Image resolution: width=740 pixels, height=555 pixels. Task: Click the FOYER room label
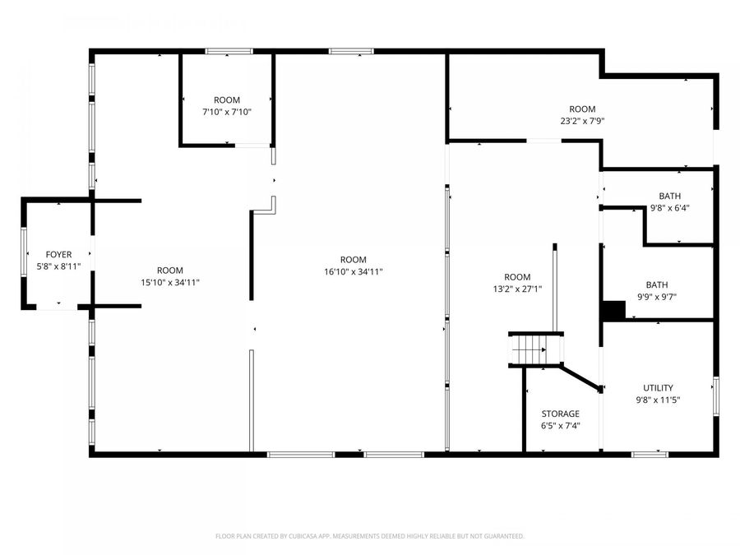[58, 255]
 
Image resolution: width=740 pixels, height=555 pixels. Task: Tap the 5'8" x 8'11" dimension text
[58, 267]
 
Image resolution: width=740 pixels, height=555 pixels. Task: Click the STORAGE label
[560, 414]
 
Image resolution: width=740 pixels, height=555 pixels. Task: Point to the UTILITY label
[658, 388]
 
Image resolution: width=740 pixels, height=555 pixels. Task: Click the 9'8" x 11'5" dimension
[658, 400]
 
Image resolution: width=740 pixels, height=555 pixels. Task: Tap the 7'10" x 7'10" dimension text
[226, 112]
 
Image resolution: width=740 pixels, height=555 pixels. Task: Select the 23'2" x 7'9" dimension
[582, 121]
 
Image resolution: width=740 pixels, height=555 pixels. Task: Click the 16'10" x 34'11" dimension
[354, 271]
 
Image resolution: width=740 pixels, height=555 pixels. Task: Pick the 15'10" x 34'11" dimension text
[170, 282]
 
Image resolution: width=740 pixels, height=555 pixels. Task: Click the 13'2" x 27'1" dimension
[517, 289]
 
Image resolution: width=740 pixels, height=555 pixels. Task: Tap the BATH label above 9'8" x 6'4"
[669, 196]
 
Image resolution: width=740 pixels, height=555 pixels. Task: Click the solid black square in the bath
[613, 310]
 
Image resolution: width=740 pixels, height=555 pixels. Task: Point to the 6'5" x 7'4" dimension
[560, 426]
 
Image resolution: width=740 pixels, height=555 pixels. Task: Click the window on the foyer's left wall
[25, 255]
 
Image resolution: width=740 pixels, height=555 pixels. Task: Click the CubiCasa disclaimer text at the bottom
[369, 536]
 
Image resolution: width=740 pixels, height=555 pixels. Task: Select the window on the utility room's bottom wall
[650, 453]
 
